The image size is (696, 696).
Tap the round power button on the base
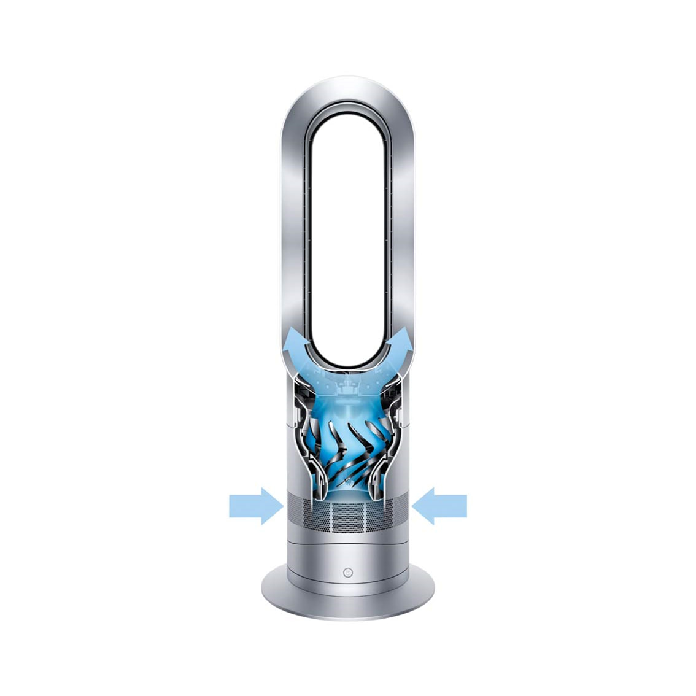348,572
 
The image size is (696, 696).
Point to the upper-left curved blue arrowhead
296,339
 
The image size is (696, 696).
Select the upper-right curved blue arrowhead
400,339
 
